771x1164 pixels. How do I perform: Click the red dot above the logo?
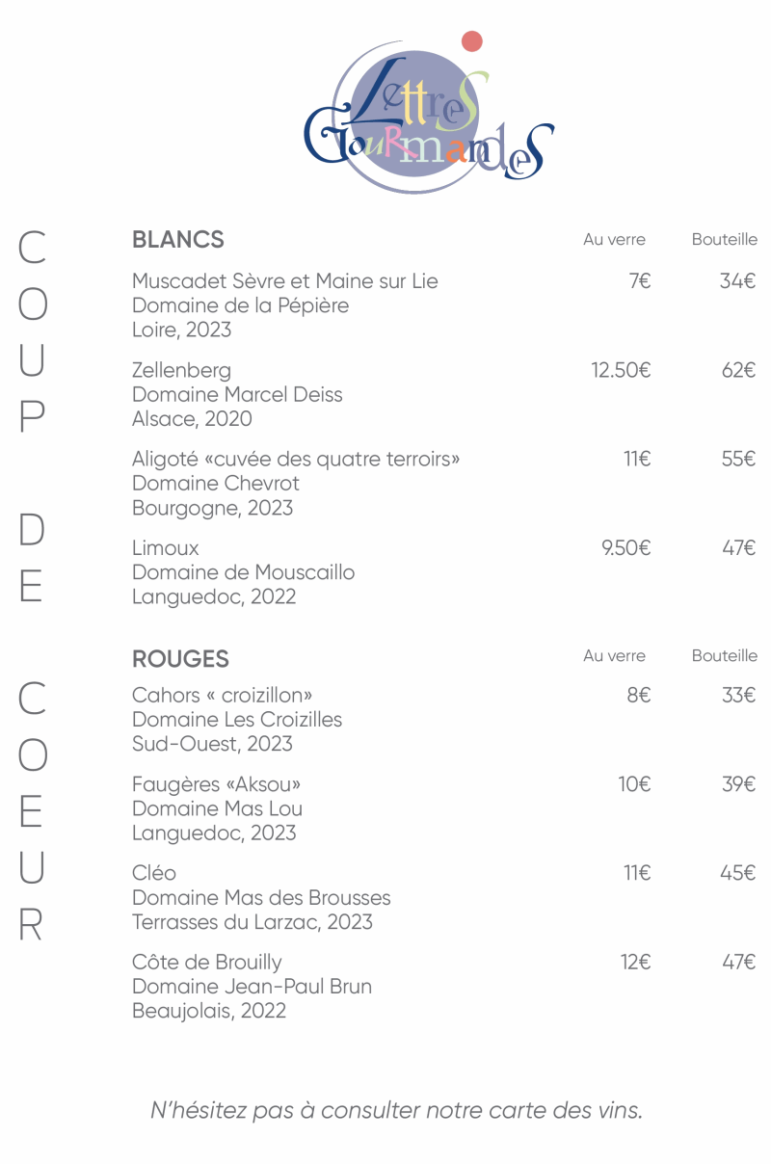(471, 41)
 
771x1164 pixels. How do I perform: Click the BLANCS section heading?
(178, 240)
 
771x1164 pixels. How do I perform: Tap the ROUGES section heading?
(180, 659)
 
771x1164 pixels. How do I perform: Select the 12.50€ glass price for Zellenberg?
(621, 370)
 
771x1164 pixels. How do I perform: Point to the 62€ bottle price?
(739, 370)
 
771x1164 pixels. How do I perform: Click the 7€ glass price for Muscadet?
(640, 281)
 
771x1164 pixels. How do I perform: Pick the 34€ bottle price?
(738, 281)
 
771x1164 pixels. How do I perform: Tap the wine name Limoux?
(166, 548)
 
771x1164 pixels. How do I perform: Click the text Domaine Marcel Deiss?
(237, 394)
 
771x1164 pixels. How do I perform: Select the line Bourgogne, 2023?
(212, 508)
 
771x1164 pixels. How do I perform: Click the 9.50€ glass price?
(625, 548)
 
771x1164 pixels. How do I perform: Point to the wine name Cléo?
(154, 873)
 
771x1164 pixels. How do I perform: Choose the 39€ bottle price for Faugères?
(738, 784)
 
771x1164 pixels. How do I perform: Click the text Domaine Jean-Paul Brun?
(252, 987)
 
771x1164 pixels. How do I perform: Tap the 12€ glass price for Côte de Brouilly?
(635, 962)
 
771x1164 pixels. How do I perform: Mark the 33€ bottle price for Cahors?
(738, 696)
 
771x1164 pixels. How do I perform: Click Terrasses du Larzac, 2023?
(252, 922)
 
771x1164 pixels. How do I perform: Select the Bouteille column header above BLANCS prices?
(724, 240)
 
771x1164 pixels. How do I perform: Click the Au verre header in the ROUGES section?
(614, 656)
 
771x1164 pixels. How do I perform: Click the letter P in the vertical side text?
(32, 416)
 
